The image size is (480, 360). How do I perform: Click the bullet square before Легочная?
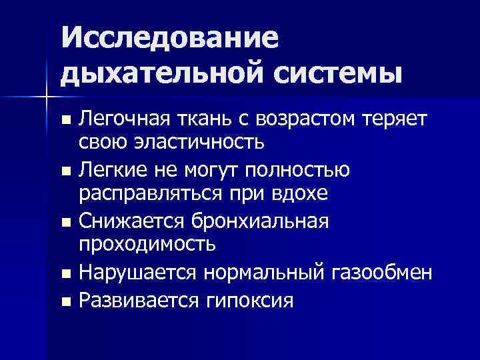point(65,121)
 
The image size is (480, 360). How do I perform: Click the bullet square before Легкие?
point(65,172)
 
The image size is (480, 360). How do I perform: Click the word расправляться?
point(147,193)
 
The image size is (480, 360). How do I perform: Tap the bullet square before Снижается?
point(65,223)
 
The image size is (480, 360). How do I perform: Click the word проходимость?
point(147,243)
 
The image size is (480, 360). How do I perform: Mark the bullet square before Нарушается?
point(65,273)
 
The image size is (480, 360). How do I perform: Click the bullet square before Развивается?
point(65,301)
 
